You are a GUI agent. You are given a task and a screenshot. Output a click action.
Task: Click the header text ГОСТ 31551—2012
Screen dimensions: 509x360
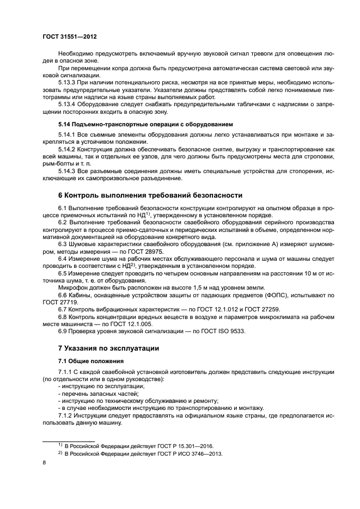pos(70,36)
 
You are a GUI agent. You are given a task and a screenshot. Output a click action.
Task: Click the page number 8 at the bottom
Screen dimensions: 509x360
pos(45,463)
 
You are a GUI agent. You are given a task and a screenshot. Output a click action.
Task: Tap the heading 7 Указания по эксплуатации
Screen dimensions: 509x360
pos(108,347)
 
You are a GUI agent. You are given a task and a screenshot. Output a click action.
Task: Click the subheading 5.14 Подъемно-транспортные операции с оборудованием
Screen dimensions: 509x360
pos(145,125)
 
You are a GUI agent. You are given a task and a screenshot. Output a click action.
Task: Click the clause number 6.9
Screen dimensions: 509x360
pos(63,330)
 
